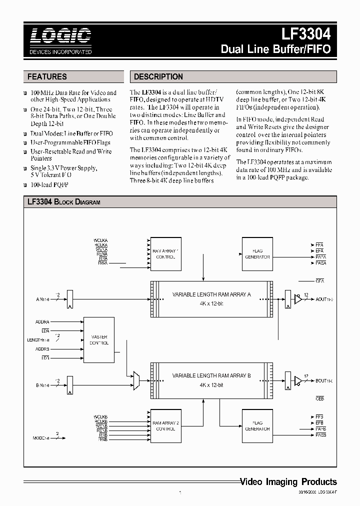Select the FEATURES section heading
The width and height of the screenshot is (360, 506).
click(47, 77)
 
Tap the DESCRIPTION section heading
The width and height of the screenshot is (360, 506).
click(158, 77)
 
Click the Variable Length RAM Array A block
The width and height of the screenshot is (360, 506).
click(211, 298)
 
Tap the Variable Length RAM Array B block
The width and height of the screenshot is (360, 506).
click(211, 379)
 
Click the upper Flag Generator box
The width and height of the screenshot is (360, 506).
click(257, 254)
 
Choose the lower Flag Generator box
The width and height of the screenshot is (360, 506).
click(257, 426)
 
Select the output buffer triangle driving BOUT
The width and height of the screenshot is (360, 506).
click(298, 381)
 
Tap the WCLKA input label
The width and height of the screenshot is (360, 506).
click(100, 240)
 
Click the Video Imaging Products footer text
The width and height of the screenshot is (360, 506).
click(288, 482)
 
